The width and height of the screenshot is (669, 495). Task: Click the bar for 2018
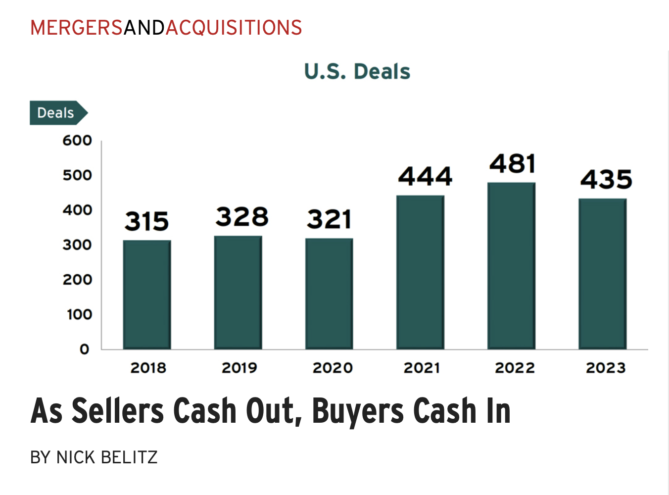(147, 295)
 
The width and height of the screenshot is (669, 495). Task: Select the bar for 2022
(511, 266)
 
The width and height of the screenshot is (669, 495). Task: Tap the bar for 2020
(329, 294)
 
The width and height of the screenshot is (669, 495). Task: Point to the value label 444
(425, 177)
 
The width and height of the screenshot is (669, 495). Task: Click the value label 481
(513, 164)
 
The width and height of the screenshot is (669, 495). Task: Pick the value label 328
(242, 217)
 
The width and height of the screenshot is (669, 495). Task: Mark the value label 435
(606, 179)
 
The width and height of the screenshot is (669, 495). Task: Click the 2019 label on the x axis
(239, 368)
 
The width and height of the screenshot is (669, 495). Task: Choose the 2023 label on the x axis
(606, 368)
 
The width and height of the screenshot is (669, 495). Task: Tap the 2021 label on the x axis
(422, 368)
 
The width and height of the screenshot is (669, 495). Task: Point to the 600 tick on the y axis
(77, 141)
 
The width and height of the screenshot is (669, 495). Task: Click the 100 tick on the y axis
(79, 314)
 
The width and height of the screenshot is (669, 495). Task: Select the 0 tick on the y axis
(85, 349)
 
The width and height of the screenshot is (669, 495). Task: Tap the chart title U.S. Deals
(357, 72)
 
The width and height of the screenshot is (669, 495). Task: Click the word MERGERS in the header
(77, 28)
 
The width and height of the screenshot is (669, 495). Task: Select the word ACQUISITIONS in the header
(234, 28)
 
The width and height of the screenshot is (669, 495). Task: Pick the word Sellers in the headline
(118, 411)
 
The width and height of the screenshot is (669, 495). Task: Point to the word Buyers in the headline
(358, 411)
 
